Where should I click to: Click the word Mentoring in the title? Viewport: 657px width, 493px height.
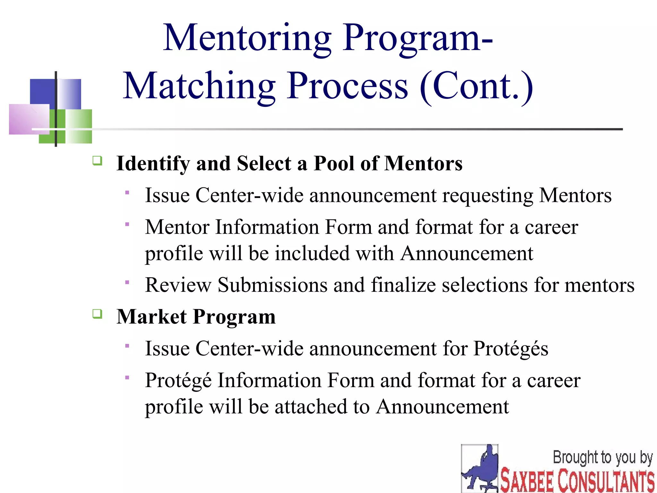[x=247, y=39]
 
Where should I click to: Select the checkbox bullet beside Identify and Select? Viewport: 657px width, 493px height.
[x=97, y=160]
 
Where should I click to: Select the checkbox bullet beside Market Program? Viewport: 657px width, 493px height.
[x=97, y=314]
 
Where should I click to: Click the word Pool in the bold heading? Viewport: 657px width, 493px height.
[x=334, y=163]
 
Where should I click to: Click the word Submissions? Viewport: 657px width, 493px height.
[x=273, y=285]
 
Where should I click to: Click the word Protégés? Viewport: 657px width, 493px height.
[x=511, y=349]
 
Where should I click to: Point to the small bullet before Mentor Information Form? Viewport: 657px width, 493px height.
[x=127, y=224]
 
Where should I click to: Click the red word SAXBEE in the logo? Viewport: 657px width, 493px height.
[x=527, y=480]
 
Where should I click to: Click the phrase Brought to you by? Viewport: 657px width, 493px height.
[x=602, y=457]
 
